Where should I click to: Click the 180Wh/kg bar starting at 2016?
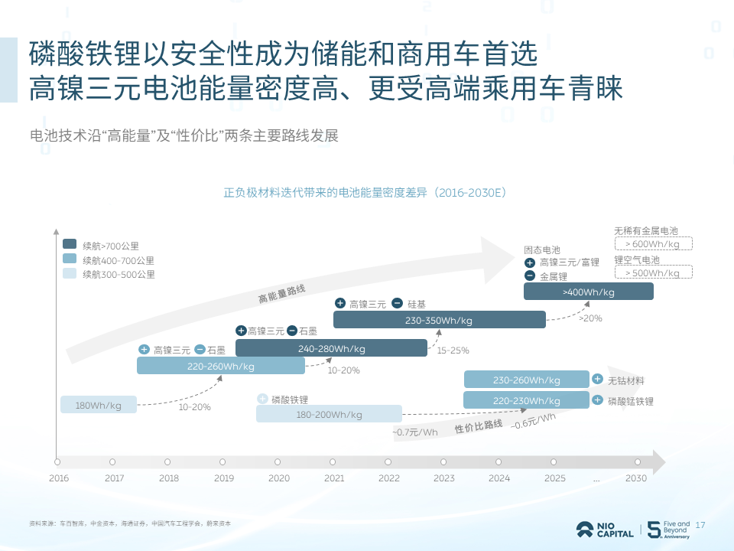tap(99, 405)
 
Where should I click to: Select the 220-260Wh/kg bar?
tap(220, 366)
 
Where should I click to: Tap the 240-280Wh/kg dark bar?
tap(330, 348)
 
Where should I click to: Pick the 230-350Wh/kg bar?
tap(439, 320)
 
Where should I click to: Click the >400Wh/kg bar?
tap(588, 292)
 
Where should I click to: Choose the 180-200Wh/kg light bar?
tap(328, 414)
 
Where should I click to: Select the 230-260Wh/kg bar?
tap(525, 380)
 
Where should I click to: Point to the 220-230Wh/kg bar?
tap(525, 399)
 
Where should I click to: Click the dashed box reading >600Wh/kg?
tap(653, 244)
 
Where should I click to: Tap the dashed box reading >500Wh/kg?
tap(653, 272)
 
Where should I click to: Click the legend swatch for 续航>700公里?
tap(70, 245)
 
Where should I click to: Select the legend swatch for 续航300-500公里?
tap(70, 273)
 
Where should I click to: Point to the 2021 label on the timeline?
tap(334, 478)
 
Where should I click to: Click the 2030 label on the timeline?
tap(635, 478)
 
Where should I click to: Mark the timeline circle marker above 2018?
tap(167, 462)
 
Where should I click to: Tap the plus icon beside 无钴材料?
tap(597, 380)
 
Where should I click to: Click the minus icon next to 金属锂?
tap(530, 276)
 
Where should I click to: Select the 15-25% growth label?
tap(453, 350)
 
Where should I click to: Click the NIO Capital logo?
tap(605, 530)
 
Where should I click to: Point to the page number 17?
tap(700, 525)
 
